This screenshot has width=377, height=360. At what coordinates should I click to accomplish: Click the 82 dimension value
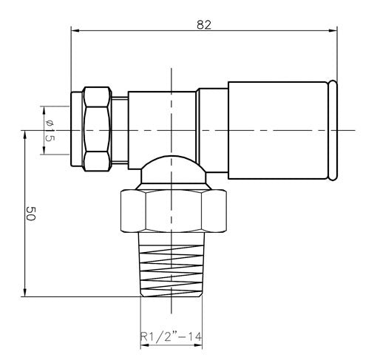coord(204,25)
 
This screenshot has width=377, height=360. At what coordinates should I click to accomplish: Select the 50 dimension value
coord(31,214)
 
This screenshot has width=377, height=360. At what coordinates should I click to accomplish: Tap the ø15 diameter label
coord(50,130)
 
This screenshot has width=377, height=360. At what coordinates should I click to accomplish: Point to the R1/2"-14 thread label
coord(171,336)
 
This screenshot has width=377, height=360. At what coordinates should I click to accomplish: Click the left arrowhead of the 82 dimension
coord(75,30)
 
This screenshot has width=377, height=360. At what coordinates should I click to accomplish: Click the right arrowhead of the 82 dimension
coord(333,30)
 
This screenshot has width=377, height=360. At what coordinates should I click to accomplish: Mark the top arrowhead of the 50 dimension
coord(24,135)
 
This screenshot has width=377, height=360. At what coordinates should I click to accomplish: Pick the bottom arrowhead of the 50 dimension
coord(24,293)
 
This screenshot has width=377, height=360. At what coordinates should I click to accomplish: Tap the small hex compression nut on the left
coord(97,129)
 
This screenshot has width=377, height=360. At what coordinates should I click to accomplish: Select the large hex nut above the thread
coord(174,211)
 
